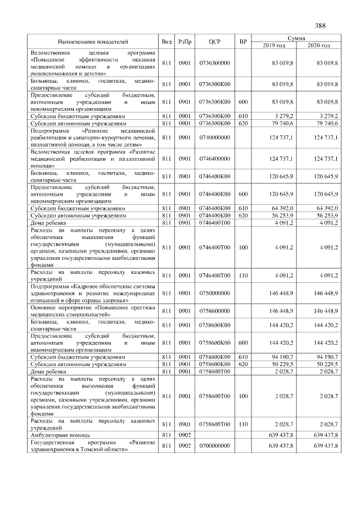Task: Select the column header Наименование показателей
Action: [x=93, y=42]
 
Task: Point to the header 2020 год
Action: [x=318, y=45]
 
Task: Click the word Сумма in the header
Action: [x=296, y=38]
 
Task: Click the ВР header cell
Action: [x=242, y=42]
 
